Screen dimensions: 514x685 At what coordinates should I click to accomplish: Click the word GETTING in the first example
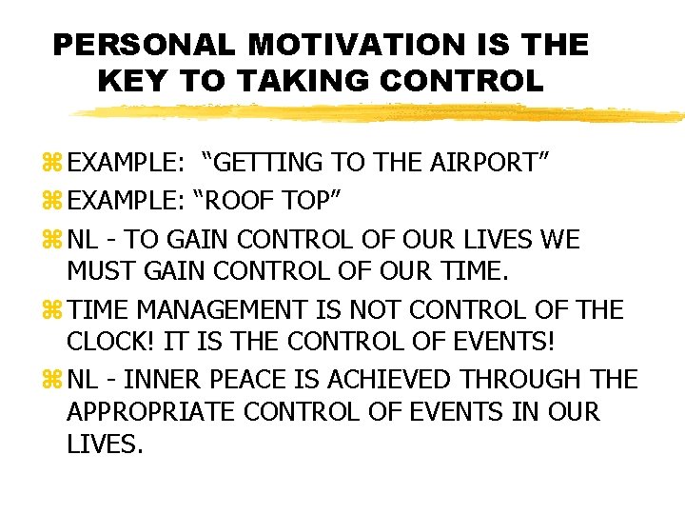pyautogui.click(x=268, y=163)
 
